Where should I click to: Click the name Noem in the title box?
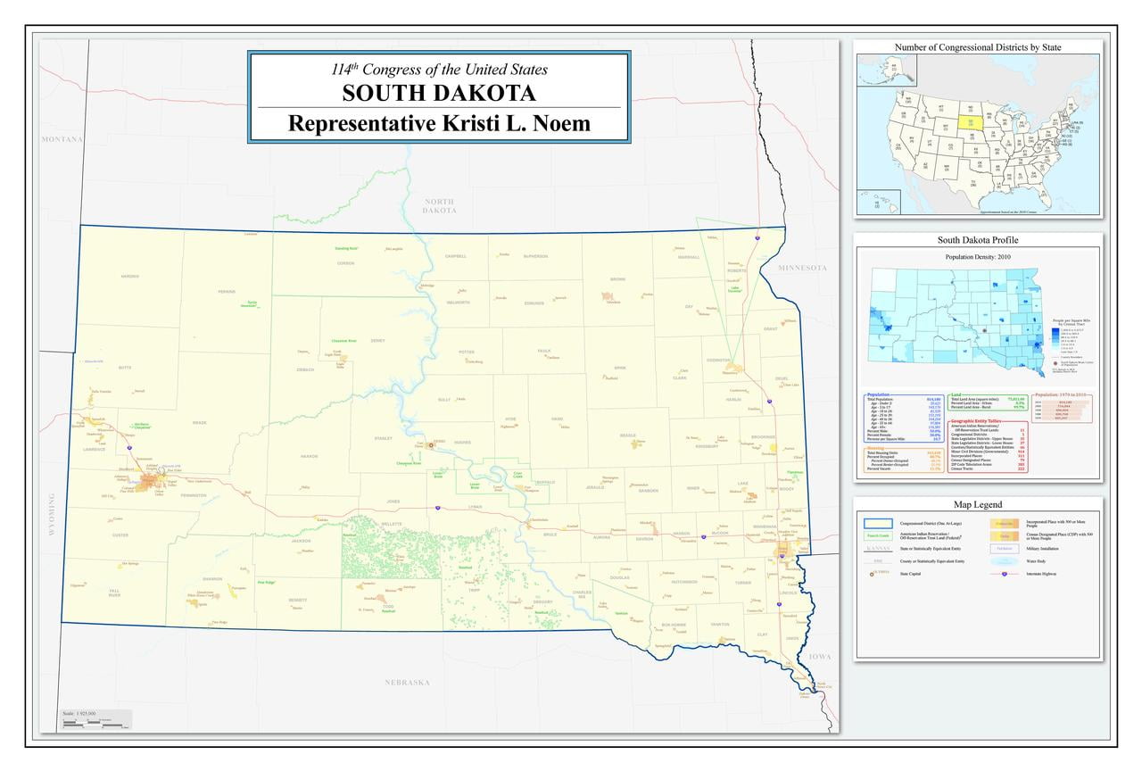[561, 123]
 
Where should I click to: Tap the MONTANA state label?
[62, 140]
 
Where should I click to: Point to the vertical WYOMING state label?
[52, 515]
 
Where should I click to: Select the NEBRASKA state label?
[408, 683]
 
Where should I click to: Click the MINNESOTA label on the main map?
[802, 268]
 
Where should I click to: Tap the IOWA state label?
[819, 657]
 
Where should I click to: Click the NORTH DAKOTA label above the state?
[440, 206]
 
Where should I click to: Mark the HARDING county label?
[130, 277]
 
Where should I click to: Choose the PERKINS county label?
[227, 292]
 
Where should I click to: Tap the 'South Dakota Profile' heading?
[977, 240]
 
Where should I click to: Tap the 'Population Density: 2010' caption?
[977, 257]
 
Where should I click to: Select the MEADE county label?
[199, 423]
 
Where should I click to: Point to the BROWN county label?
[617, 279]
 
